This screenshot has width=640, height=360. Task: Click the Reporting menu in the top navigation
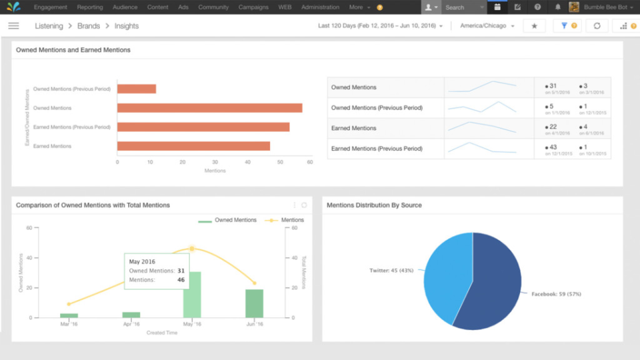pos(90,7)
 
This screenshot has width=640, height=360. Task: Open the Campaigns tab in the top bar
pos(253,7)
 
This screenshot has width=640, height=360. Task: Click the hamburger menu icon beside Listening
pos(13,26)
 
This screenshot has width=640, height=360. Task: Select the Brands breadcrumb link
pos(88,26)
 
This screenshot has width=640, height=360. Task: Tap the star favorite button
pos(534,26)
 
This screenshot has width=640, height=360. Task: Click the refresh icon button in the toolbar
pos(597,26)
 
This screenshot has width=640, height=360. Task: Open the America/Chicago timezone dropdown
pos(487,26)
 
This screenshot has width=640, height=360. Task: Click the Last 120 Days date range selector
pos(380,26)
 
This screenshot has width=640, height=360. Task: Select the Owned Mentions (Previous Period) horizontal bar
pos(137,89)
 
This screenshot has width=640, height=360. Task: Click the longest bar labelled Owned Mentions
pos(209,108)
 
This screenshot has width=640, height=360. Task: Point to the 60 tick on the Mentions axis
pos(310,162)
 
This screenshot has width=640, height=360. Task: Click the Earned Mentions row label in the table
pos(354,128)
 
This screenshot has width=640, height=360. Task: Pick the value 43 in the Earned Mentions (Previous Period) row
pos(552,147)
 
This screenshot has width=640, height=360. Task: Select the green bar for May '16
pos(192,295)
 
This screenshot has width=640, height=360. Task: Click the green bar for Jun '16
pos(254,303)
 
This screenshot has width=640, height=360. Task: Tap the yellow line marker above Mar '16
pos(69,304)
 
